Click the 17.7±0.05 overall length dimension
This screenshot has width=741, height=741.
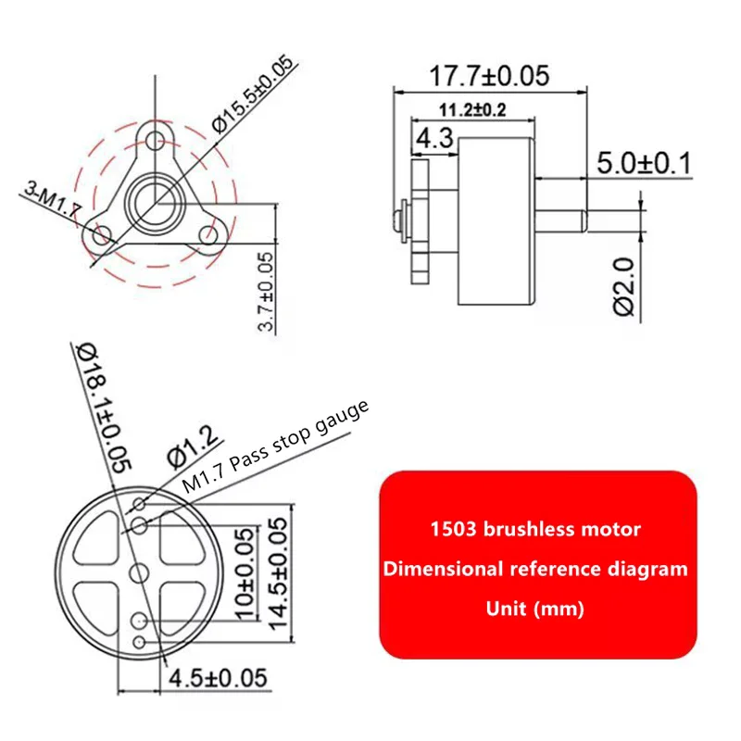click(x=489, y=76)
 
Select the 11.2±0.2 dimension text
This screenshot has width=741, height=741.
click(x=472, y=110)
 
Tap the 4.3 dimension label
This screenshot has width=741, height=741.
click(x=434, y=138)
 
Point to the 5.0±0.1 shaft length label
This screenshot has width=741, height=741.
click(x=644, y=163)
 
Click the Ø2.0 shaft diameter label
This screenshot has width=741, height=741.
click(x=623, y=286)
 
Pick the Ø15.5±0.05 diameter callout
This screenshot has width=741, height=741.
click(x=253, y=94)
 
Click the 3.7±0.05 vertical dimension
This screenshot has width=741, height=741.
click(x=266, y=292)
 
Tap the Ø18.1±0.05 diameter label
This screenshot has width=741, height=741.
click(x=103, y=408)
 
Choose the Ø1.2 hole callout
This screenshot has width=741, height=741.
click(x=193, y=446)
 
